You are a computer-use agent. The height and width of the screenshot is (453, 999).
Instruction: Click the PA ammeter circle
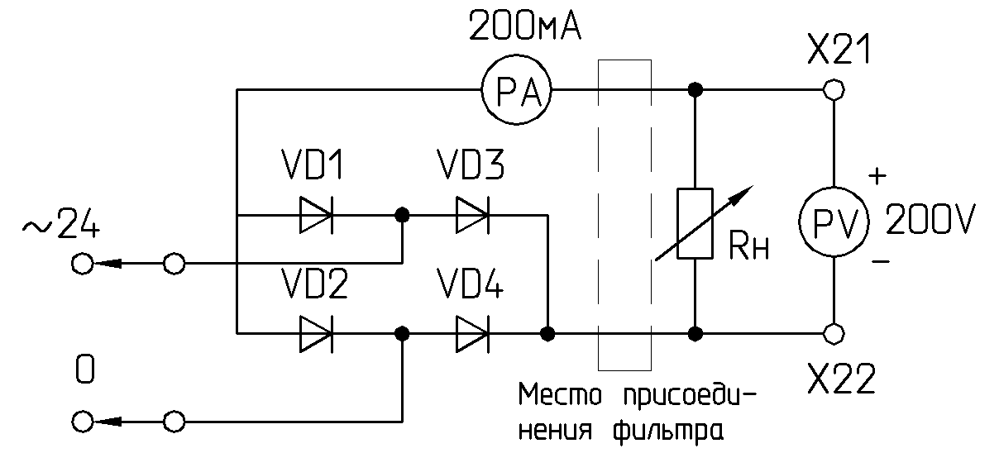tap(518, 90)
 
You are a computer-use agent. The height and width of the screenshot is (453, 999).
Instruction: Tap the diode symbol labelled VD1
tap(316, 217)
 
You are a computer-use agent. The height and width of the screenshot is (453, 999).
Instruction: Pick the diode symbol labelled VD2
tap(316, 333)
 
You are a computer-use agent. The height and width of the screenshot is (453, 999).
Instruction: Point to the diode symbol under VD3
tap(471, 217)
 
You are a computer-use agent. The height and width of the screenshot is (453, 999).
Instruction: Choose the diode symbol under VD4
tap(471, 333)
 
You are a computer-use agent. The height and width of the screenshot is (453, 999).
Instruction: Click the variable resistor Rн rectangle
tap(695, 223)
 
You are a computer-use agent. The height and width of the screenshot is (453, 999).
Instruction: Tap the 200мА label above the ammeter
tap(525, 28)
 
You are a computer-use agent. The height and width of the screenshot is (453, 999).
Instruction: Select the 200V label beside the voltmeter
tap(931, 220)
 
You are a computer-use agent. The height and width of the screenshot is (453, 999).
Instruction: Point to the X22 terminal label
tap(841, 381)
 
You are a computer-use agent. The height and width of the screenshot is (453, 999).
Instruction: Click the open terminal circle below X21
tap(834, 89)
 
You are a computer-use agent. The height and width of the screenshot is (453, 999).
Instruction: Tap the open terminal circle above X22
tap(834, 333)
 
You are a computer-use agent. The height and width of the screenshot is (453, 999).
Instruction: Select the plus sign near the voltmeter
tap(878, 176)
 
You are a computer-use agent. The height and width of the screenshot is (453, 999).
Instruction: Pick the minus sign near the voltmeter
tap(881, 261)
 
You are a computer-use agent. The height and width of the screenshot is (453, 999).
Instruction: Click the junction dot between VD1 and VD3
tap(402, 217)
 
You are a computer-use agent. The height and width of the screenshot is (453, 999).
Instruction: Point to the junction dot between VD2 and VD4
tap(402, 333)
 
